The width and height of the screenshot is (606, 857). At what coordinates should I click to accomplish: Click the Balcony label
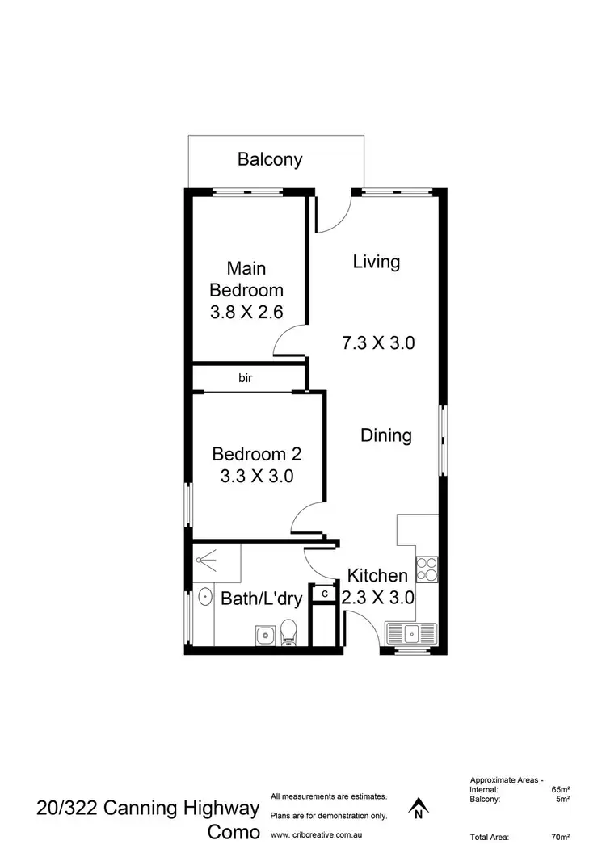[270, 159]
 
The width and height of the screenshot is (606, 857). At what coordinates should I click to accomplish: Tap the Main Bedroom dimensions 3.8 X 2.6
[246, 313]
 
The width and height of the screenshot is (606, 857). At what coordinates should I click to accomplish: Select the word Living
[377, 262]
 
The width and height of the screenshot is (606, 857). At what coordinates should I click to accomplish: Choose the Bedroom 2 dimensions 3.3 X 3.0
[256, 476]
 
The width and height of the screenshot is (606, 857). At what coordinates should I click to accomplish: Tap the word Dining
[385, 435]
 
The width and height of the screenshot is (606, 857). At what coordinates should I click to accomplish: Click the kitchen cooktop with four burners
[426, 569]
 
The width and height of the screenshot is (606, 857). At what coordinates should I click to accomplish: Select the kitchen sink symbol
[410, 632]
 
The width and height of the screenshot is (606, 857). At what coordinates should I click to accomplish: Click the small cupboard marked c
[324, 594]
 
